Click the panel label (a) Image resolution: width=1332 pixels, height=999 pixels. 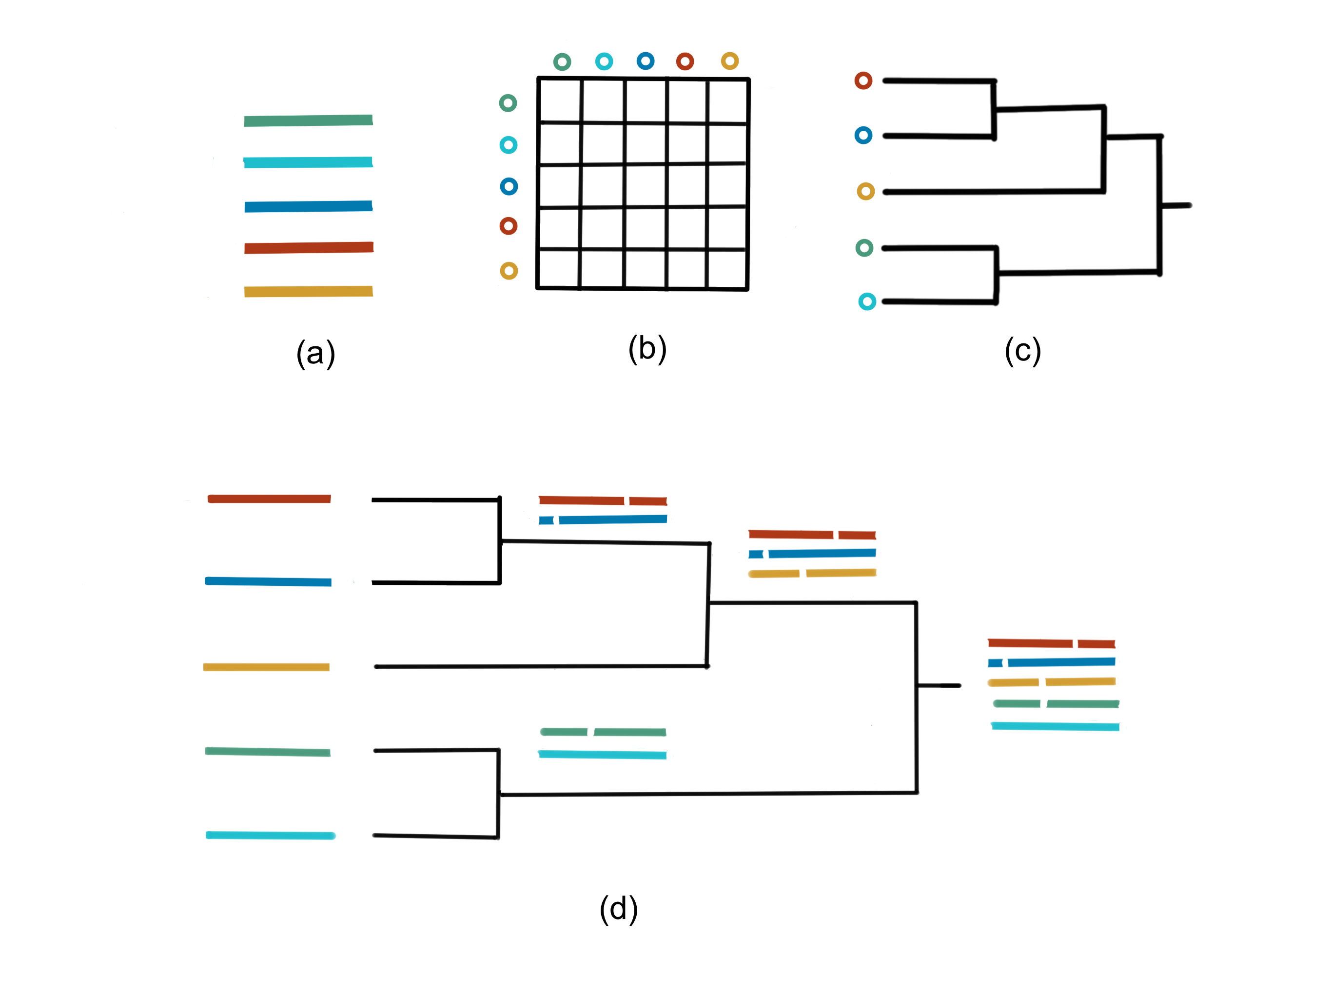315,354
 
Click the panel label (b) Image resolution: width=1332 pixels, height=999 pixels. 647,349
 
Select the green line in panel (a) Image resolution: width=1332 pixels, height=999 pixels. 308,120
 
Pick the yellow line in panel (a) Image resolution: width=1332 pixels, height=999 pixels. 308,292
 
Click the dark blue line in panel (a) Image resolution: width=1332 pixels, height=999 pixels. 308,207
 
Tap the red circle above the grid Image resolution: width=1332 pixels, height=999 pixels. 685,61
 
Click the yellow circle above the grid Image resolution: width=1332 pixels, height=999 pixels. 730,61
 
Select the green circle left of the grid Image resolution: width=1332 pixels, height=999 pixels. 508,103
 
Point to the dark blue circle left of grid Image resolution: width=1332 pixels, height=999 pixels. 509,186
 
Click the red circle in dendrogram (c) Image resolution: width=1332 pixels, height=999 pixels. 863,81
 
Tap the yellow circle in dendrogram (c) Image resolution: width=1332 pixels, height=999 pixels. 866,192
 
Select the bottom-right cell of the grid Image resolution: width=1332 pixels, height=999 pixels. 727,269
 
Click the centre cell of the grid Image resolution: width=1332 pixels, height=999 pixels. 646,185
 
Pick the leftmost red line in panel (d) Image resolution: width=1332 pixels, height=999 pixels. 269,499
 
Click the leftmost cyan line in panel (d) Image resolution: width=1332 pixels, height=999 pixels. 271,835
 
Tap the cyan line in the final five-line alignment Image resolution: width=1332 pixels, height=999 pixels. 1055,727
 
